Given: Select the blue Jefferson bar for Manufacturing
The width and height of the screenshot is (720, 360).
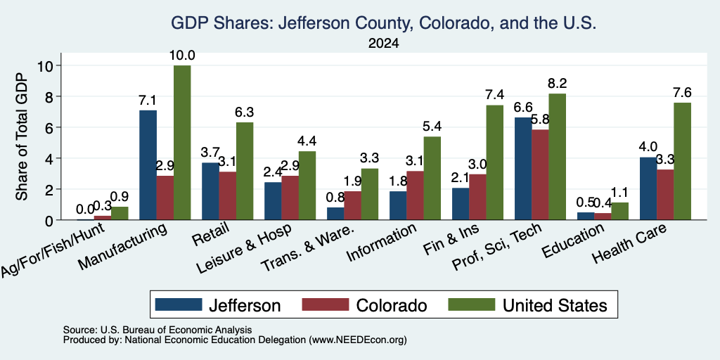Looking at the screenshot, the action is point(148,165).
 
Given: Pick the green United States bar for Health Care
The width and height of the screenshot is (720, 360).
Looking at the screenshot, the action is point(682,161).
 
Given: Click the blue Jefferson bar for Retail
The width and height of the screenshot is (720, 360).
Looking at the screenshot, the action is point(210,191).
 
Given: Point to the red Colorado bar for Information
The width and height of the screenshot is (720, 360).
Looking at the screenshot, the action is point(415,195).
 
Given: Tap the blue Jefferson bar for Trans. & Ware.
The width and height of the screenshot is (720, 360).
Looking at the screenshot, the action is point(335,214).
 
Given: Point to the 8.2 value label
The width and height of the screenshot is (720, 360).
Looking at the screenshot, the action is point(558,84).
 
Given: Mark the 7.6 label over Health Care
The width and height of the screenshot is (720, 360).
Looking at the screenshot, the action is point(682,93).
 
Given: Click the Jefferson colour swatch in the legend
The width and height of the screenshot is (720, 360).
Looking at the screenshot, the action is point(179,304).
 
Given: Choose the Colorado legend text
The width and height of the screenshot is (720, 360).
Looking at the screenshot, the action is point(391,305).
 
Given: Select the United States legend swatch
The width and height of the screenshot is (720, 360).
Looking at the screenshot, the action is point(472,304).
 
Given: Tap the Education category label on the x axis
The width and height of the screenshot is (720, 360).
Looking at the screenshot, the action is point(572,240).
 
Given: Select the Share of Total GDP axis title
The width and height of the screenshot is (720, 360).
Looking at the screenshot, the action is point(22,136).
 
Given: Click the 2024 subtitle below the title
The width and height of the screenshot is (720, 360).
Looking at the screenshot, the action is point(383,44).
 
